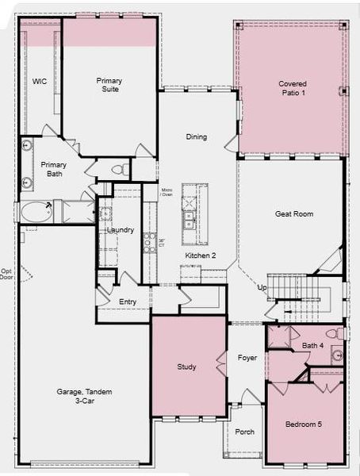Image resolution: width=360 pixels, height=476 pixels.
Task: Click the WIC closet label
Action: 40,82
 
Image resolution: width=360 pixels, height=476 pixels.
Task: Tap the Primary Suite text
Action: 109,85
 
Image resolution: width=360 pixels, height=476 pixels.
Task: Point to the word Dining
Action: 196,137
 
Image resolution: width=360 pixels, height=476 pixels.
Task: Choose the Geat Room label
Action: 293,213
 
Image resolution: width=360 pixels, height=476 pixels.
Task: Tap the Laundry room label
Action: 121,231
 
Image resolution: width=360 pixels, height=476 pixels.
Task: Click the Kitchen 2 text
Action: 200,255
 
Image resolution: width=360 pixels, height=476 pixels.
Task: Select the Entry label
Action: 128,301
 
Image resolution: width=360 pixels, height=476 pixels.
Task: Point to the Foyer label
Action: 247,358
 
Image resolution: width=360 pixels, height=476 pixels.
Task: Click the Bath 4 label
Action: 312,346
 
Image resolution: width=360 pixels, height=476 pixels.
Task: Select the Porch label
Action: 245,432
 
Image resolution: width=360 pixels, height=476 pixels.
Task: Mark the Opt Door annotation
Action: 7,274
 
